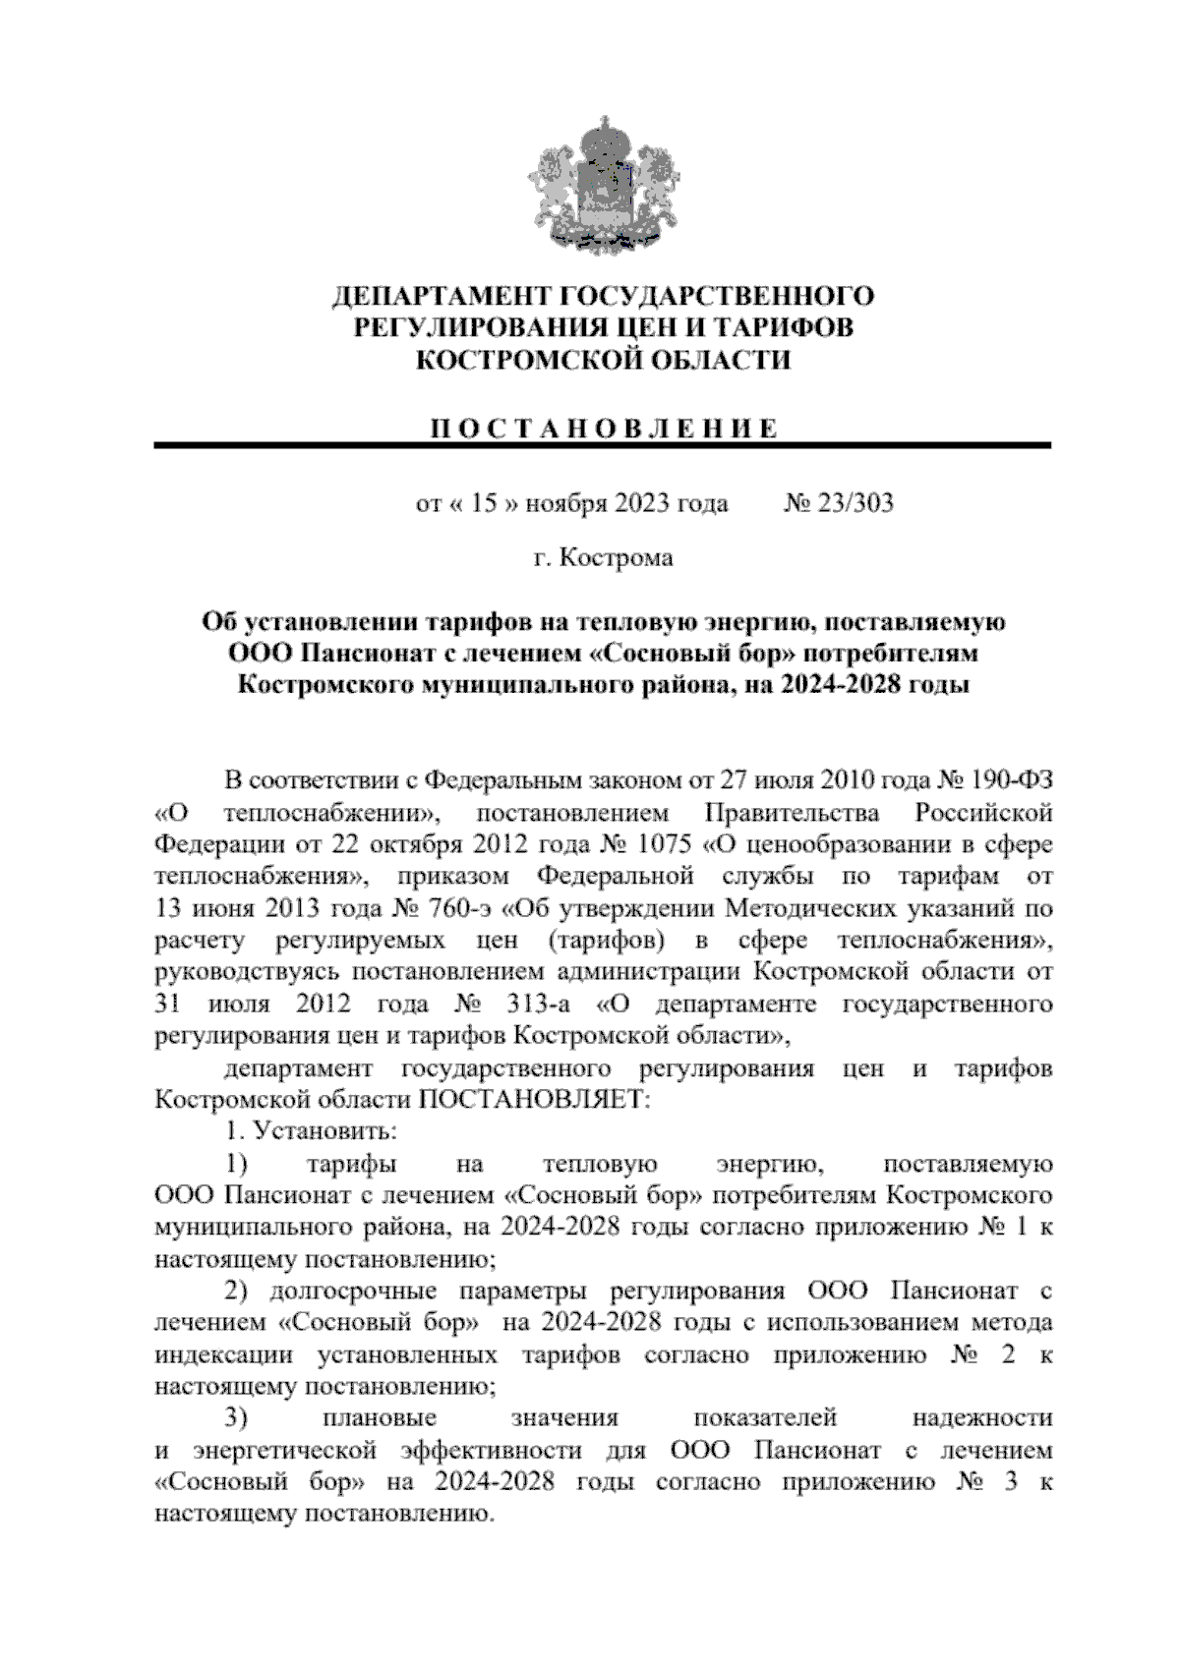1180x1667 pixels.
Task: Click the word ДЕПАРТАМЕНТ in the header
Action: [x=442, y=296]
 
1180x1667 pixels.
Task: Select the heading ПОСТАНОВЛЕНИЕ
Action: [x=603, y=429]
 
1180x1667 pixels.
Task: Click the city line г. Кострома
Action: [x=603, y=558]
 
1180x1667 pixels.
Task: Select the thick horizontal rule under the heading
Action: [x=603, y=446]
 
